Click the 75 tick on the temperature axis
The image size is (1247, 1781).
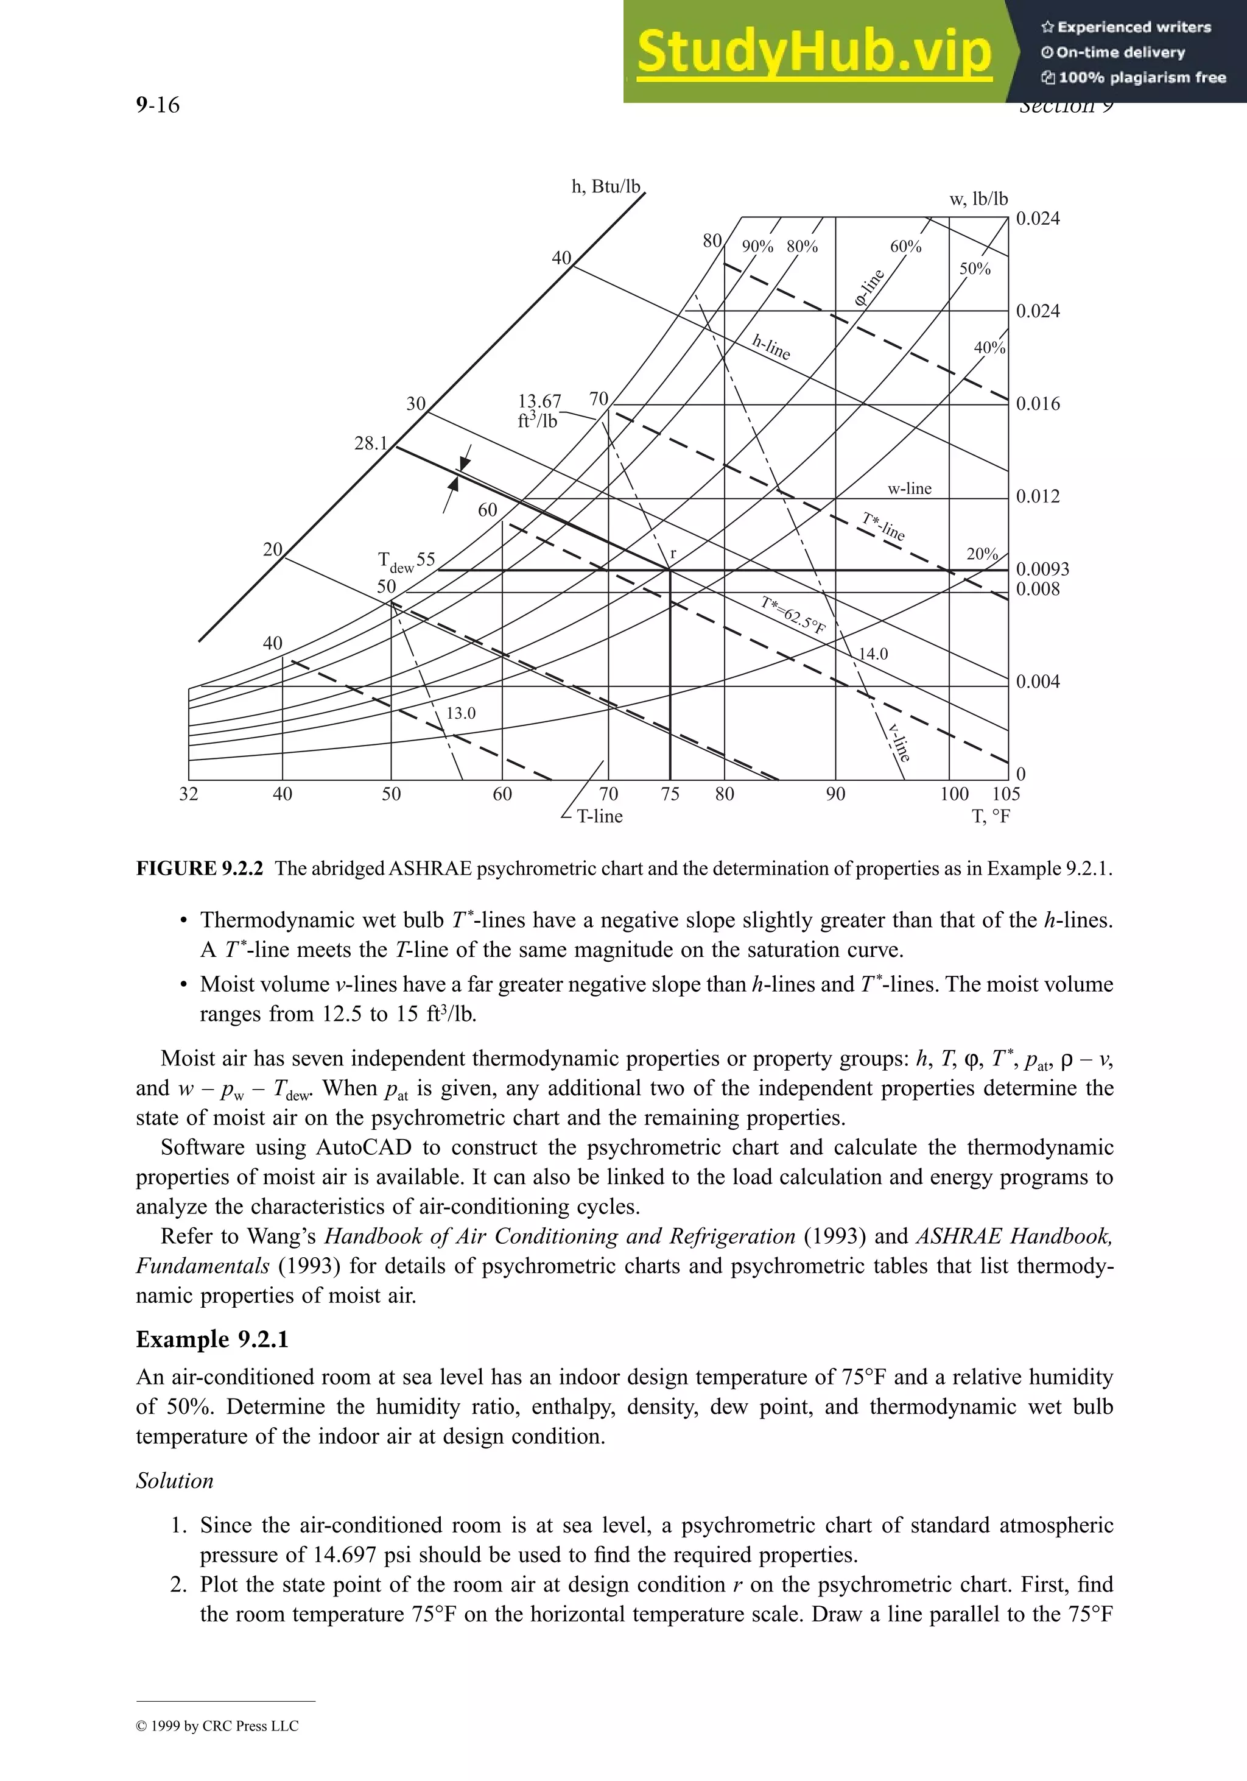pos(670,794)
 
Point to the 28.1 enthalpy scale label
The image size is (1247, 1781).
pos(371,443)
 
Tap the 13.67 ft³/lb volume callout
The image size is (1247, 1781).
pos(538,411)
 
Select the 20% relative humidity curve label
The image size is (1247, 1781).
pos(982,554)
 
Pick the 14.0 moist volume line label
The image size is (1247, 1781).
pos(873,654)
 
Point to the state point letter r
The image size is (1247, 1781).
pos(673,554)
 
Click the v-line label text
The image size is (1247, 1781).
pos(899,742)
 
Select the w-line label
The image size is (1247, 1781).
pos(909,488)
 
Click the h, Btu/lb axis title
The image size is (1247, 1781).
pos(606,186)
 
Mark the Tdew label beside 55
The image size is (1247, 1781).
pos(395,562)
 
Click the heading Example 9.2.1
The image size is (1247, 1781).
pos(212,1339)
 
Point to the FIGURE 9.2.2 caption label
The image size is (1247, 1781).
pos(199,868)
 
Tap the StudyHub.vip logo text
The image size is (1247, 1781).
pos(813,52)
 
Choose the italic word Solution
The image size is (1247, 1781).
pos(175,1480)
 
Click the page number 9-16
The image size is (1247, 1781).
pos(158,105)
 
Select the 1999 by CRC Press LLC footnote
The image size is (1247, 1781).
pos(217,1726)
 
